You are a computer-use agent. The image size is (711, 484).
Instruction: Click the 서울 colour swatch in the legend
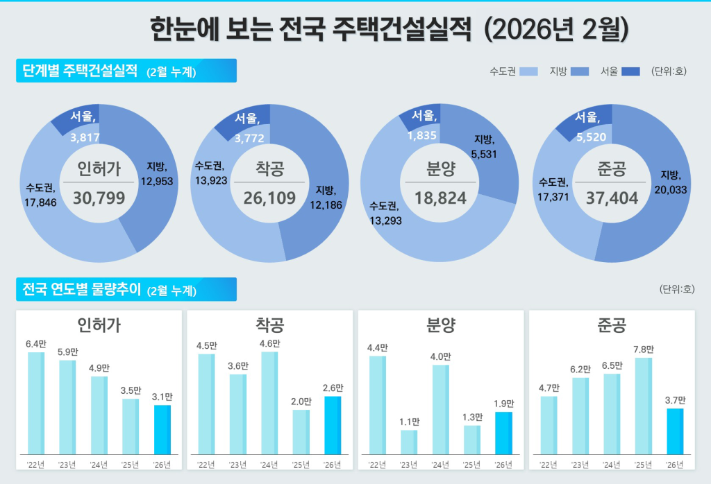(630, 71)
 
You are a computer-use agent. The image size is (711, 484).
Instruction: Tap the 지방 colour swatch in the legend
(580, 71)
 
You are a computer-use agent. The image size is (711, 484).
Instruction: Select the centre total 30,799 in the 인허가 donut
(99, 198)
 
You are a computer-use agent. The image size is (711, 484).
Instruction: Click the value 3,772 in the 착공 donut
(249, 139)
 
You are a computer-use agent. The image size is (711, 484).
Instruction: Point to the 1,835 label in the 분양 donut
(423, 136)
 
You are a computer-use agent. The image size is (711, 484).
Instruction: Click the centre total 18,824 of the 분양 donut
(440, 198)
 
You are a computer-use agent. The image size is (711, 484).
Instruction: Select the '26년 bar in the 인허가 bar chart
(162, 429)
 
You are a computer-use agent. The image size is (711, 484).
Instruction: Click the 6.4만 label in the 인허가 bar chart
(35, 343)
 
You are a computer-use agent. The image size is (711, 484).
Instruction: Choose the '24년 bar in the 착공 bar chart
(269, 402)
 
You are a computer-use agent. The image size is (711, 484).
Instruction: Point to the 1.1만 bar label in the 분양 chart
(410, 422)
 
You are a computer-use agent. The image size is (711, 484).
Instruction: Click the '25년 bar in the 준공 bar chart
(643, 406)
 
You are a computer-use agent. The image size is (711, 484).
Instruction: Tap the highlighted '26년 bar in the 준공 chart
(674, 431)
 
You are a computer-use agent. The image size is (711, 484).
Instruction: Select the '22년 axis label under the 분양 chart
(377, 465)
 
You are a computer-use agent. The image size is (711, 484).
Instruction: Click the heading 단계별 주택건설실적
(80, 71)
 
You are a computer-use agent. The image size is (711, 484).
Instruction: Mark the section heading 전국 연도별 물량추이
(82, 289)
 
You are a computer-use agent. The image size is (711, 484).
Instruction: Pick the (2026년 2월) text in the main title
(555, 28)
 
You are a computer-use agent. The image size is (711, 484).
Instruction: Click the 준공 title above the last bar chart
(612, 325)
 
